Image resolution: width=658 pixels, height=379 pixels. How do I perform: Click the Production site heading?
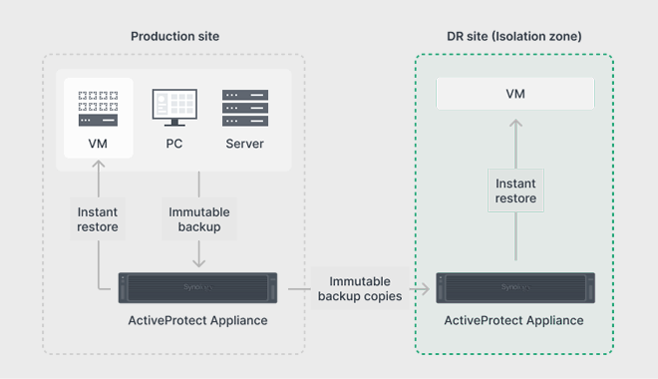click(x=175, y=37)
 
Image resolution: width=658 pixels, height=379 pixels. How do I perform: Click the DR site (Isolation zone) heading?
click(x=514, y=37)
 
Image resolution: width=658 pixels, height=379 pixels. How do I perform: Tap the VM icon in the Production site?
click(x=98, y=109)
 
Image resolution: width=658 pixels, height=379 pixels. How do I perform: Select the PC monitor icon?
click(x=174, y=108)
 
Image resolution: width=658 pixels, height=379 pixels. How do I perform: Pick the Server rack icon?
click(x=245, y=108)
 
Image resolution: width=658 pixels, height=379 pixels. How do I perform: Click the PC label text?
click(x=174, y=144)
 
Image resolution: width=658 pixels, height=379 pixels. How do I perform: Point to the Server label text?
click(x=244, y=144)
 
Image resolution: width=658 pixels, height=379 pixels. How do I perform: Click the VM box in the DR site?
click(x=515, y=94)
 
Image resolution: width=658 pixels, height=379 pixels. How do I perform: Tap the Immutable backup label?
click(x=199, y=219)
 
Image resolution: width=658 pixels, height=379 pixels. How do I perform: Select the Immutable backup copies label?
click(x=360, y=289)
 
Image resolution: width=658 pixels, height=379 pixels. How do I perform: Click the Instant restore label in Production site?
click(x=98, y=219)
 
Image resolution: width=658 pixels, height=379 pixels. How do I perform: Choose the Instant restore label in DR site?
click(x=515, y=190)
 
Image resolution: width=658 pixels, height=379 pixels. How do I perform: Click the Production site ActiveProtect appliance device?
click(x=197, y=288)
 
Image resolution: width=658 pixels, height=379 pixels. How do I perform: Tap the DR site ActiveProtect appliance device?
click(x=515, y=288)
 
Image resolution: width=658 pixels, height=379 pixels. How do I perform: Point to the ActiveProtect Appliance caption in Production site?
click(x=197, y=321)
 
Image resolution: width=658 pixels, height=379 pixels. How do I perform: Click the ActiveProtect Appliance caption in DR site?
click(x=514, y=321)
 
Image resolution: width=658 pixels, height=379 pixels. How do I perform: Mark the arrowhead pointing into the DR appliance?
click(x=426, y=289)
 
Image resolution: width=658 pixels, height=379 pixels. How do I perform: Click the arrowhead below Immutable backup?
click(x=199, y=262)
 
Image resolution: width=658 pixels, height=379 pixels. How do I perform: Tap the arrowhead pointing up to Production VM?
click(x=99, y=165)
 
